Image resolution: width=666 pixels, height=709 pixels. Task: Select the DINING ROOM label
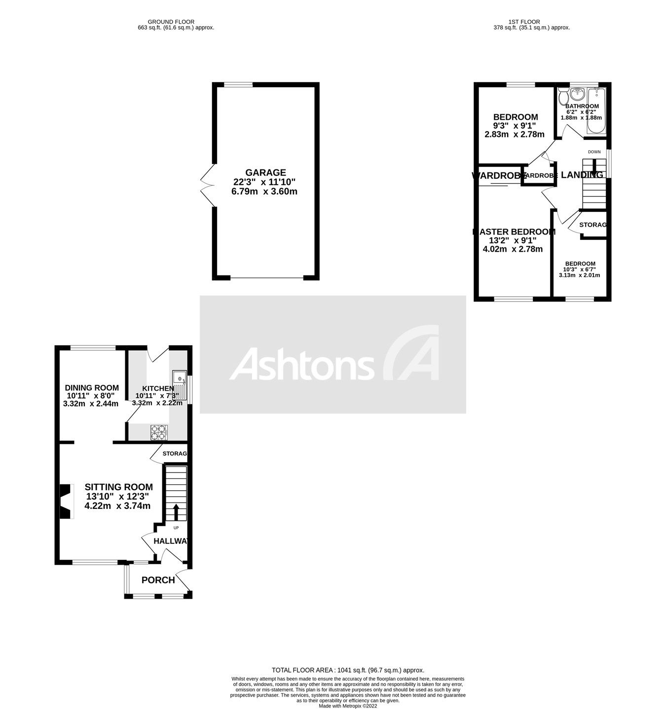click(92, 388)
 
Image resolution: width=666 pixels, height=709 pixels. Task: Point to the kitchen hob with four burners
click(159, 432)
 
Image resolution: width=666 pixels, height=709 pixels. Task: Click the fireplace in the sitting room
click(66, 502)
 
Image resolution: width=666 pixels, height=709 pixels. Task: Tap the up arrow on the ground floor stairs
click(176, 512)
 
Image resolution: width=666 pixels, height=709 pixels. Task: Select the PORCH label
click(158, 580)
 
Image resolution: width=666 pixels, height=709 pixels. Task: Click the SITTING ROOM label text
click(118, 487)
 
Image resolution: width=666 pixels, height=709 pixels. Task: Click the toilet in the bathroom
click(563, 98)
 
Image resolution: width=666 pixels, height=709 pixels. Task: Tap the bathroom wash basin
click(577, 94)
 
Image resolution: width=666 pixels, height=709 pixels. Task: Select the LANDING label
click(582, 175)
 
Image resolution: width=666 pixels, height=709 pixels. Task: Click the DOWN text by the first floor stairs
click(594, 152)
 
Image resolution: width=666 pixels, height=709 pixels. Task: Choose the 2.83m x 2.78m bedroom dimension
click(515, 135)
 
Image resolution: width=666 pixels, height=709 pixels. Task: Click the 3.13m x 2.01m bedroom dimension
click(579, 275)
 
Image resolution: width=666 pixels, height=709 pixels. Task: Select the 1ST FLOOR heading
click(524, 22)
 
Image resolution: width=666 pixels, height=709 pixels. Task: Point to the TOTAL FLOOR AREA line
click(348, 670)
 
